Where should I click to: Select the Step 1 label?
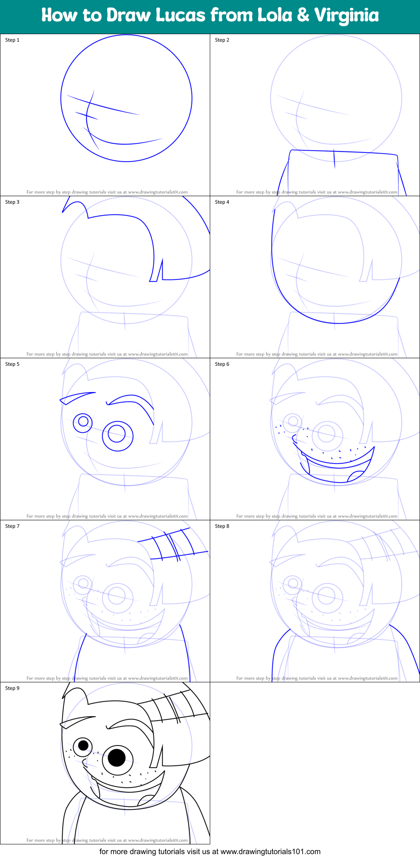[x=12, y=40]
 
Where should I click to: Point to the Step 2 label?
[x=222, y=40]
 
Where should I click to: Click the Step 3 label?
[x=12, y=202]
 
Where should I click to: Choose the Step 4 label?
[x=222, y=202]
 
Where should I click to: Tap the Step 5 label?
[x=12, y=364]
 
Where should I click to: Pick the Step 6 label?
[x=222, y=364]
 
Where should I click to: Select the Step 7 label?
[x=12, y=526]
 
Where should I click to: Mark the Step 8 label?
[x=222, y=526]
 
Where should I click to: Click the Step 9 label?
[x=12, y=688]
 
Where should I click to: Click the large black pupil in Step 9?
[x=117, y=758]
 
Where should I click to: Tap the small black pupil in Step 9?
[x=83, y=745]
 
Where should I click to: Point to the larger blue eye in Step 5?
[x=118, y=436]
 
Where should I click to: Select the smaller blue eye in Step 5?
[x=83, y=422]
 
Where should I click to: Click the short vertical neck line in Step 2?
[x=334, y=159]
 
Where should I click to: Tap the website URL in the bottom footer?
[x=270, y=852]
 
